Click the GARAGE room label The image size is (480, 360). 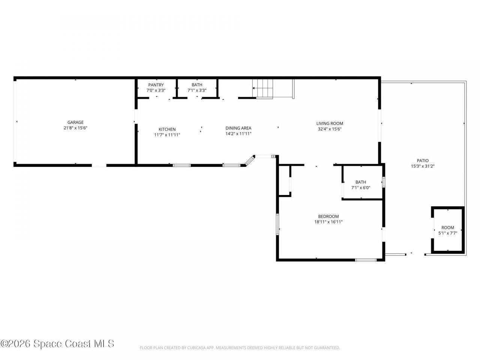[75, 122]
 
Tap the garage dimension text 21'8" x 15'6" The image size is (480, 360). [75, 128]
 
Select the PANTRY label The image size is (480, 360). [156, 85]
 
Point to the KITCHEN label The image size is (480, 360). [167, 129]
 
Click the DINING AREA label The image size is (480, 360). [238, 128]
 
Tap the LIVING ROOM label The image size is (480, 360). [330, 123]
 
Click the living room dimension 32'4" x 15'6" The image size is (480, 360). [330, 129]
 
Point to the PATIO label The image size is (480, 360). [423, 160]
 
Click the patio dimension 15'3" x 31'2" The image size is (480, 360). [423, 166]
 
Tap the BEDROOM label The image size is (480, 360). [328, 216]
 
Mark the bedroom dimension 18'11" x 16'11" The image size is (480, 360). [328, 222]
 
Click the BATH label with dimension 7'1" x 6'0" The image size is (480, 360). [361, 182]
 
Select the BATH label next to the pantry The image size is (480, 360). [197, 85]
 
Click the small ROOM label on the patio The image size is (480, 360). [448, 228]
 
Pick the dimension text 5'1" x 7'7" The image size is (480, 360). [448, 233]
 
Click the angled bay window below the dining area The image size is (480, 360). [249, 161]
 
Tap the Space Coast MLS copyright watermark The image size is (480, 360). [57, 343]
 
